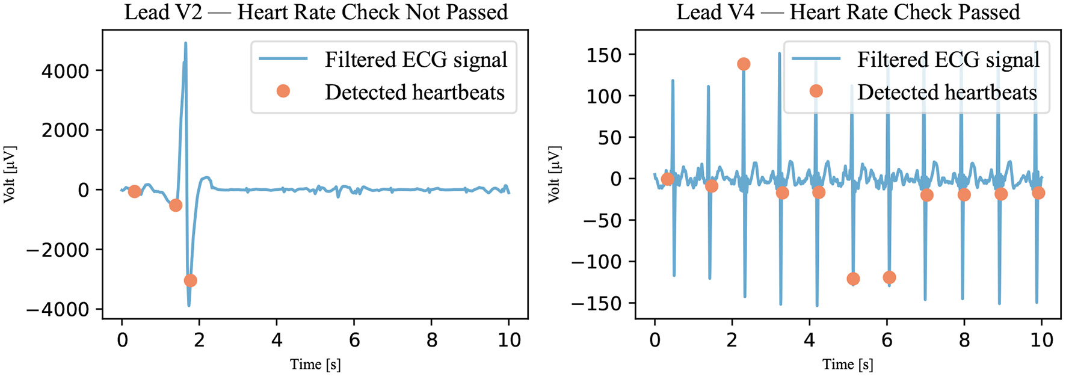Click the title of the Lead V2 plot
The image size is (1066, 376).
click(316, 12)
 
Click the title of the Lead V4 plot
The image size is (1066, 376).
click(848, 12)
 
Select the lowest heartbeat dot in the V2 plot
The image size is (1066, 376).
click(190, 280)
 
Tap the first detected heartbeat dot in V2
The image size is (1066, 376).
click(134, 191)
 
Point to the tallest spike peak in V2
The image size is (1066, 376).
click(185, 43)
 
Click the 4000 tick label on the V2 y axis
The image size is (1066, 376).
click(65, 71)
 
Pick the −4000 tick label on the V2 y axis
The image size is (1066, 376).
click(58, 310)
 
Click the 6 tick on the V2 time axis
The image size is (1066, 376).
click(354, 341)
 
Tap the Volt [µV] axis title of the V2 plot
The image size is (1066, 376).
click(10, 174)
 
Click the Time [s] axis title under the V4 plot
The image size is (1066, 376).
click(848, 364)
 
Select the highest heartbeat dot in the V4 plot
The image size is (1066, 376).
click(744, 64)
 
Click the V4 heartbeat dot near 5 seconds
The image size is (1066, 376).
click(852, 279)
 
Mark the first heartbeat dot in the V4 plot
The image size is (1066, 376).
click(667, 179)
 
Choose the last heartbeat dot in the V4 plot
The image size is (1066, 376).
click(1038, 193)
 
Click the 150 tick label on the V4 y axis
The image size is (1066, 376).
click(604, 55)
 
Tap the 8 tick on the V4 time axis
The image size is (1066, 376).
click(964, 341)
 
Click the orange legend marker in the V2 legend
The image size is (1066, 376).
click(283, 91)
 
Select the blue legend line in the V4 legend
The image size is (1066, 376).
click(816, 59)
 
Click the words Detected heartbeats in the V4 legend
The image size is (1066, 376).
click(947, 92)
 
